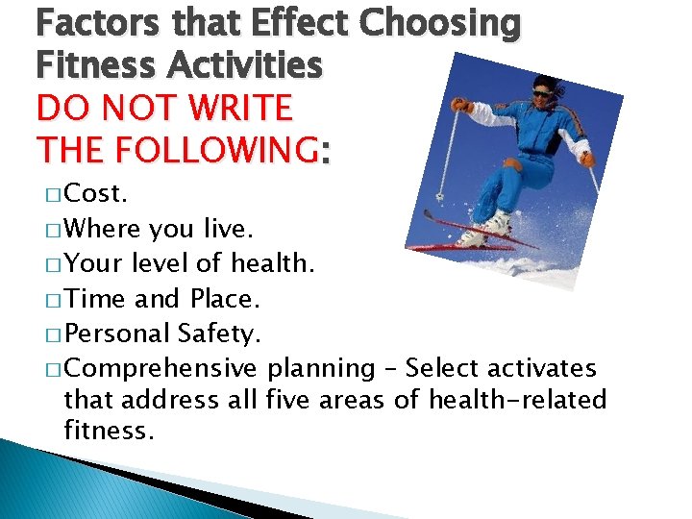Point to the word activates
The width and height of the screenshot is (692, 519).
tap(542, 368)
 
